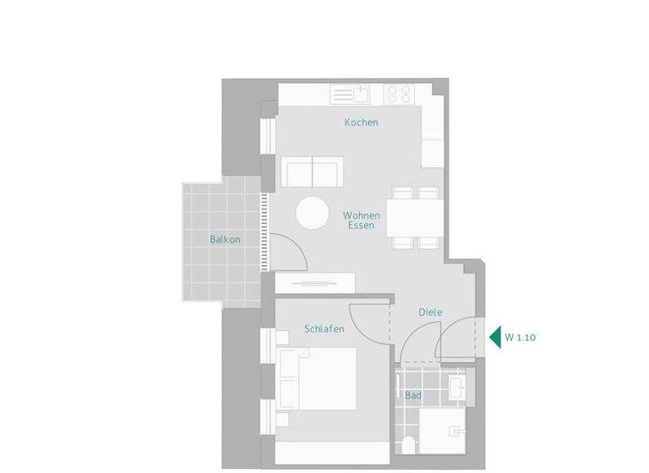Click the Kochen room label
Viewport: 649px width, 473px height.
361,122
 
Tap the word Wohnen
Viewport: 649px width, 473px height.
361,215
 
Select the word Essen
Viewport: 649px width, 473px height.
361,226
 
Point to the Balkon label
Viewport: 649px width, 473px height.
226,239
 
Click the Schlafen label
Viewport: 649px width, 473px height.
324,329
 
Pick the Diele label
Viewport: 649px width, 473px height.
430,313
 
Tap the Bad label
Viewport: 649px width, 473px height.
413,395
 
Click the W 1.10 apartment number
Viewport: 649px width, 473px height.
521,336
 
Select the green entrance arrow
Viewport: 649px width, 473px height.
495,336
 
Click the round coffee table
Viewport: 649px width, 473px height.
313,213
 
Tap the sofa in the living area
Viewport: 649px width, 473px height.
313,171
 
